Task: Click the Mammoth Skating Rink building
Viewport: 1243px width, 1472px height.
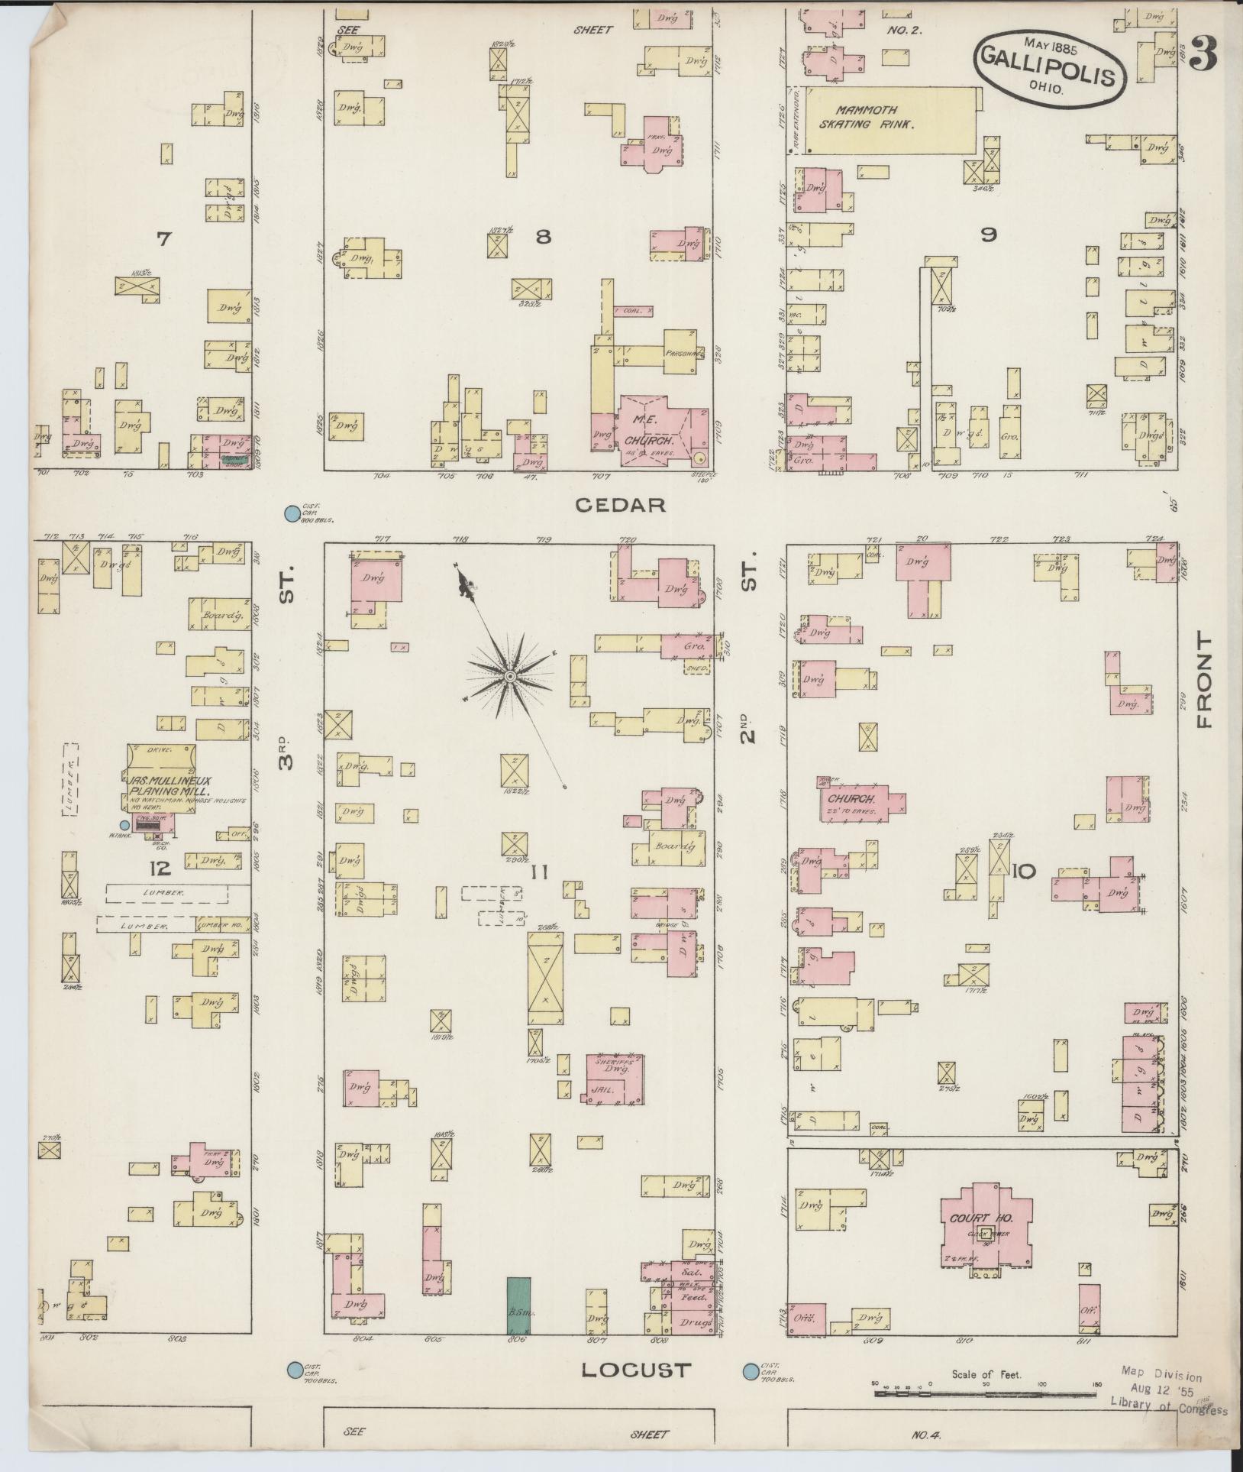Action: point(886,121)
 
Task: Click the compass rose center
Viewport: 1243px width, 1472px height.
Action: point(509,675)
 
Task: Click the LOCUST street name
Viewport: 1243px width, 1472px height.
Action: point(636,1370)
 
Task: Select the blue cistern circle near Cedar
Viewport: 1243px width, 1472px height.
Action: point(290,515)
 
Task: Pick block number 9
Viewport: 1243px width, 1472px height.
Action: point(988,236)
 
